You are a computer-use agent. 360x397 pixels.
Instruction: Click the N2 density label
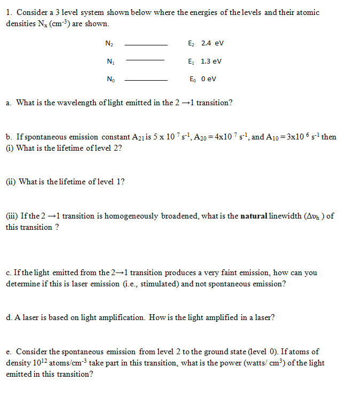pyautogui.click(x=110, y=43)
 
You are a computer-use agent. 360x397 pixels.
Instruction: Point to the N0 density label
pyautogui.click(x=110, y=80)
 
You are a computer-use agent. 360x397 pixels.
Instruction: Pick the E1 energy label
pyautogui.click(x=192, y=61)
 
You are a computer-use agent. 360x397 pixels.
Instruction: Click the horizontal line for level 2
pyautogui.click(x=145, y=44)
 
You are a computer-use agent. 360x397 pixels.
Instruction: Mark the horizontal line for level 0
pyautogui.click(x=145, y=80)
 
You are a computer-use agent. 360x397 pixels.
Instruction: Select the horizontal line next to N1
pyautogui.click(x=145, y=60)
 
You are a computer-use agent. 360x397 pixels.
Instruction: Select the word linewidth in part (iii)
pyautogui.click(x=287, y=216)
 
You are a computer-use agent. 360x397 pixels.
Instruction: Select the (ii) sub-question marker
pyautogui.click(x=11, y=182)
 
